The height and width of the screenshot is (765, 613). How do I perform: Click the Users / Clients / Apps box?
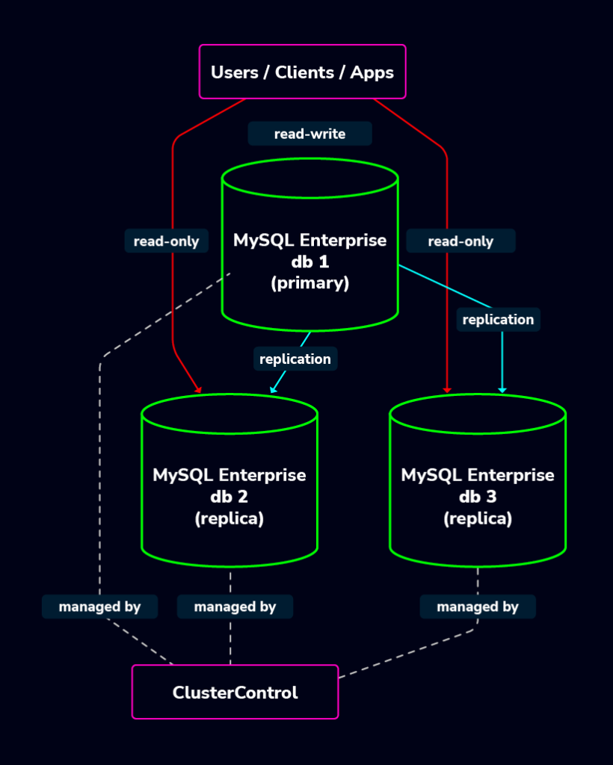tap(302, 72)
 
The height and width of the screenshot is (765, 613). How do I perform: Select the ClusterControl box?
tap(235, 692)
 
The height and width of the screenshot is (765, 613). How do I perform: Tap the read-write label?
tap(309, 134)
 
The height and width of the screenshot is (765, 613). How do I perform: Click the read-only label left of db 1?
tap(166, 241)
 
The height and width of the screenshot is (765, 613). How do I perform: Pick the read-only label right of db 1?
tap(460, 241)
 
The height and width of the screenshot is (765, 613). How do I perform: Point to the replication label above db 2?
tap(295, 359)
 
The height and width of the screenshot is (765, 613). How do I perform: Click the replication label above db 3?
tap(498, 319)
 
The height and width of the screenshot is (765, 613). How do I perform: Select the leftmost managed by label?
tap(99, 607)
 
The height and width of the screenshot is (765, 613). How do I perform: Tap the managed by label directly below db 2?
tap(235, 607)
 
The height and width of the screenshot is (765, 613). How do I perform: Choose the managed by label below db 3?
tap(478, 607)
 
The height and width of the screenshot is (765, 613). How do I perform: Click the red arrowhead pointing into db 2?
tap(199, 388)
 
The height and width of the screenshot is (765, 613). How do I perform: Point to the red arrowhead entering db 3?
tap(447, 388)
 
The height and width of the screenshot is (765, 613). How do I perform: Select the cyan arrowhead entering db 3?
tap(502, 388)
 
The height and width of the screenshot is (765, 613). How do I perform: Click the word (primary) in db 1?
tap(309, 283)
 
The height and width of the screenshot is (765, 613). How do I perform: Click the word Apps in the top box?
tap(372, 72)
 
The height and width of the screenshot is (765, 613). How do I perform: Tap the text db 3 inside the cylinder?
tap(478, 496)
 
